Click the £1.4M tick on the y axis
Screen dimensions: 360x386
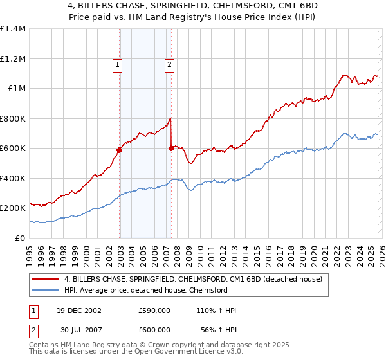[x=13, y=29]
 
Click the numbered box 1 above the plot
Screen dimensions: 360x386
[x=118, y=64]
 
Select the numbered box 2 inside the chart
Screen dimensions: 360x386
[x=169, y=64]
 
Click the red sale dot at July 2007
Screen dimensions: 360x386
[x=171, y=148]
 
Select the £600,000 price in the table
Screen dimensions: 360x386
[x=154, y=330]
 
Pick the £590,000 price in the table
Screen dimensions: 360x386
[x=154, y=310]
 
